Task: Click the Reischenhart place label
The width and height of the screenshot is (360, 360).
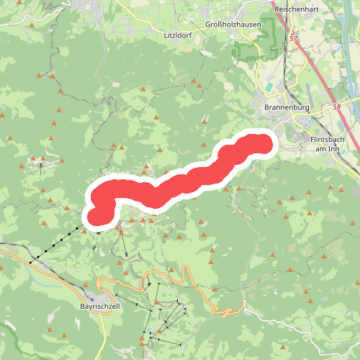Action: (297, 9)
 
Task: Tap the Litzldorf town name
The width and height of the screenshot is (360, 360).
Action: (179, 34)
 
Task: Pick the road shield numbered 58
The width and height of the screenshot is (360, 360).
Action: (336, 107)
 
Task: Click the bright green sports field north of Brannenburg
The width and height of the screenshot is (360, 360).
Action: (270, 88)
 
